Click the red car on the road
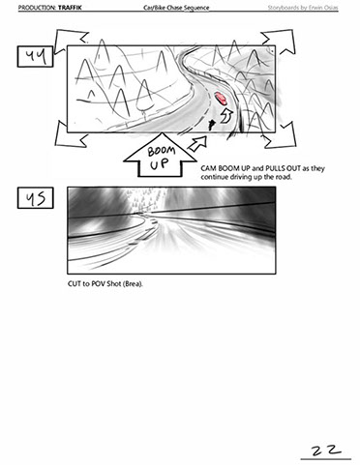tap(221, 99)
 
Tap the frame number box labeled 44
tap(35, 57)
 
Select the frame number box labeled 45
tap(35, 198)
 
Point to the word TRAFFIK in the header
tap(70, 7)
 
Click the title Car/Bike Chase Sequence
tap(176, 8)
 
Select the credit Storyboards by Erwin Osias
tap(303, 7)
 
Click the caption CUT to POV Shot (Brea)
tap(105, 284)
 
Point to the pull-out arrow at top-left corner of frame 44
tap(70, 41)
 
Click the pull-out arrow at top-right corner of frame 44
tap(279, 42)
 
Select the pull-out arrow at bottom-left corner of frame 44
tap(70, 135)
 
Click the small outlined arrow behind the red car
tap(226, 115)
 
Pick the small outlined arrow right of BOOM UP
tap(197, 143)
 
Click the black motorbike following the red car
tap(211, 124)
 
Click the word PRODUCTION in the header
tap(37, 7)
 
